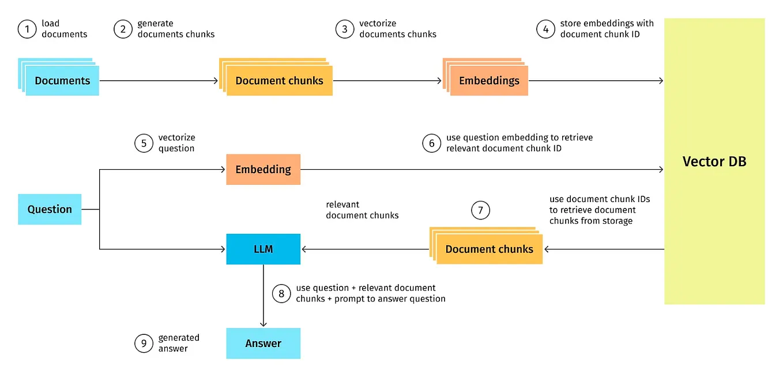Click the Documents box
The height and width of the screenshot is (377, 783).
[x=62, y=80]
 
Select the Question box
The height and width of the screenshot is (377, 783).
[x=50, y=209]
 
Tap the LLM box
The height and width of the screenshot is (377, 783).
[x=263, y=249]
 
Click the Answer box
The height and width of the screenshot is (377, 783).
[x=263, y=343]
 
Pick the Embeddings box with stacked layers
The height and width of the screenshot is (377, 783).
[x=488, y=80]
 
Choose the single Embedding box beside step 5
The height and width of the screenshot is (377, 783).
[x=263, y=169]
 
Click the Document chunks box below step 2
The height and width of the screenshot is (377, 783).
[x=279, y=80]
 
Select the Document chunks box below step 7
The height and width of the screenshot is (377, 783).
[x=489, y=249]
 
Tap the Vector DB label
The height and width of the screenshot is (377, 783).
[x=714, y=162]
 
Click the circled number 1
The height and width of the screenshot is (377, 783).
[x=27, y=29]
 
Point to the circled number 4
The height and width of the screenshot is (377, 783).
[x=545, y=29]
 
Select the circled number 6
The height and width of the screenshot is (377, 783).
[x=431, y=143]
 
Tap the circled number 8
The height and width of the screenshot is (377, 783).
[x=281, y=293]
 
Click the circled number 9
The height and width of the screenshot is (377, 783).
[x=144, y=344]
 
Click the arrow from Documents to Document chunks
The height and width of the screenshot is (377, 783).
[x=159, y=81]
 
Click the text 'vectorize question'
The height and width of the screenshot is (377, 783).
[x=176, y=143]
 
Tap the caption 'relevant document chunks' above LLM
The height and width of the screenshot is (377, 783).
[x=362, y=210]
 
